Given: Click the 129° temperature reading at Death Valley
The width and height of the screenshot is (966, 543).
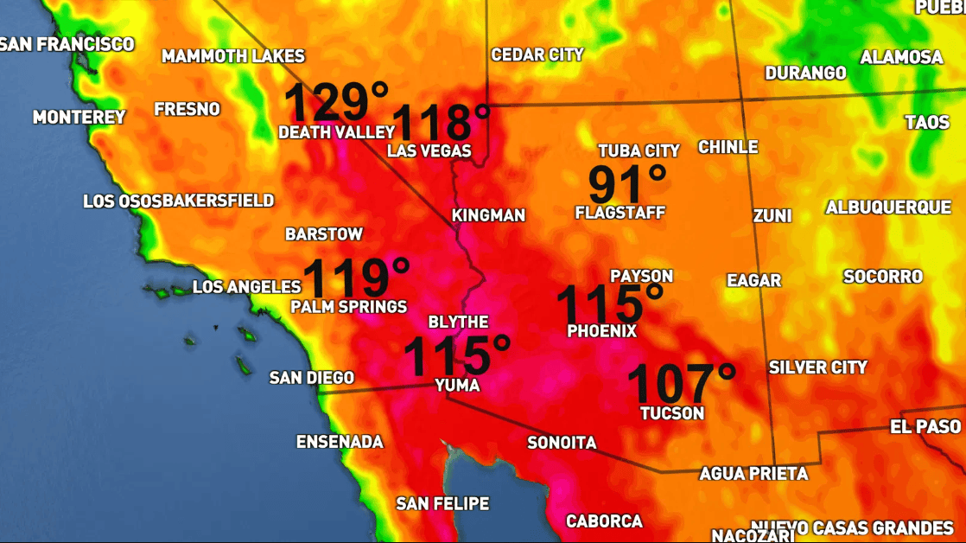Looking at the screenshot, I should tap(337, 102).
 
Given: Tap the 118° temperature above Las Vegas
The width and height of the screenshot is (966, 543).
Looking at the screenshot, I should tap(442, 122).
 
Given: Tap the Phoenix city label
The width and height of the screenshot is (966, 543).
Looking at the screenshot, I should tap(601, 331).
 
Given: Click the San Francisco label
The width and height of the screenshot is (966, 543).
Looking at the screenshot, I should tap(67, 44).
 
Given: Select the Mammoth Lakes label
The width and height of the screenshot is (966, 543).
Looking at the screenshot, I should tap(233, 56).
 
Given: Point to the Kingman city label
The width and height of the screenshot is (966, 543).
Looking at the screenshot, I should tap(488, 215).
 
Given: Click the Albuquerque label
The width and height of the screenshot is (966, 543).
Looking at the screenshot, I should tap(887, 208).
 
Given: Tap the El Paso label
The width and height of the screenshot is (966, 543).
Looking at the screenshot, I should tap(925, 426).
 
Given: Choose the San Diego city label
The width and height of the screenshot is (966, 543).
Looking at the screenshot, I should tap(312, 378).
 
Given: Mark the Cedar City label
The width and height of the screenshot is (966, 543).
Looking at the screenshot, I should tap(537, 54).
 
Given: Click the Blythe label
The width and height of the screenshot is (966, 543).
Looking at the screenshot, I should tap(458, 322).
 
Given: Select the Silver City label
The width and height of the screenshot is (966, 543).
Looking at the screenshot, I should tap(817, 367).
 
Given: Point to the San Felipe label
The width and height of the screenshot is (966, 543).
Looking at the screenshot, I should tap(442, 503).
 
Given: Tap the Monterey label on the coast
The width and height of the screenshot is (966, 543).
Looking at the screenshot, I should tap(79, 117).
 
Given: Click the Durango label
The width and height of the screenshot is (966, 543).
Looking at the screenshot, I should tap(805, 73).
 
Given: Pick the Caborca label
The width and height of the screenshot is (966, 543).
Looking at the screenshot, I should tap(604, 521).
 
